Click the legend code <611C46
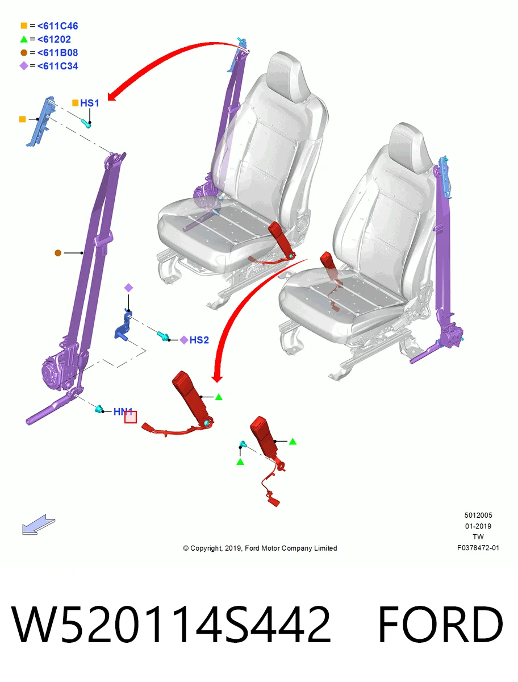coord(57,26)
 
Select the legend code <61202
coord(54,39)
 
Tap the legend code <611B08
coord(57,52)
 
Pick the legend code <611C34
coord(57,66)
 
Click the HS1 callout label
coord(89,103)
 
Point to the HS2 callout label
coord(199,340)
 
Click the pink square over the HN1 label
coord(131,417)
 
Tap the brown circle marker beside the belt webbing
coord(58,253)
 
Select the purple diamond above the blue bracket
coord(128,288)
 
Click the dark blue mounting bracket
coord(123,326)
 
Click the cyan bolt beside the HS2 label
coord(163,336)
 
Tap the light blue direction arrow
coord(39,525)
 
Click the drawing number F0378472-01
coord(478,548)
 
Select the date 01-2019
coord(478,526)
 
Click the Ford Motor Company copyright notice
coord(260,548)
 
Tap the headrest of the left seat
coord(289,76)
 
